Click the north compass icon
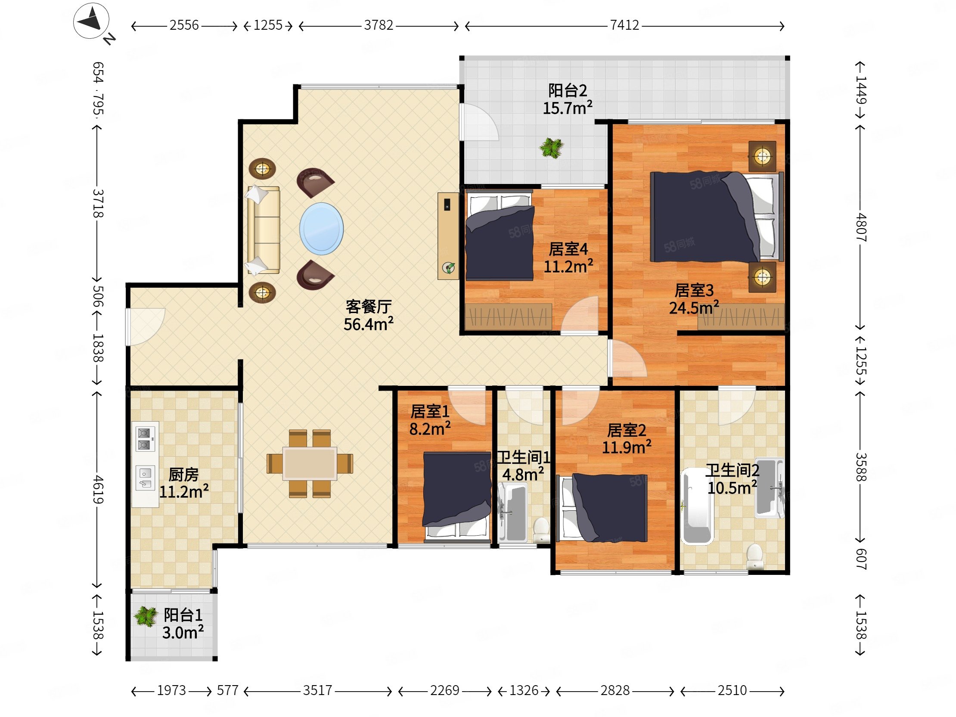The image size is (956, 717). (92, 22)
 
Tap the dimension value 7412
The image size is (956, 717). (624, 25)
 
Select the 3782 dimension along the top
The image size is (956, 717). (379, 25)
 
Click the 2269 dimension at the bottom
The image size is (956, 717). (444, 691)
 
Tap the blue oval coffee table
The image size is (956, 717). (322, 229)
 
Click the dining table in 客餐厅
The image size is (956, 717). (310, 463)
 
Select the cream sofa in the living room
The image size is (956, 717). (263, 230)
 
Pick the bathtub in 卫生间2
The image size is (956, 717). (696, 506)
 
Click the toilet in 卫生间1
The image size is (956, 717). (541, 530)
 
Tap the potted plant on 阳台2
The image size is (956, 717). (552, 148)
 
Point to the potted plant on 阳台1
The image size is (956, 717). (146, 617)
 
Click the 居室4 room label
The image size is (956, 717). (568, 249)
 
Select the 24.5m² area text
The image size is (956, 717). (694, 308)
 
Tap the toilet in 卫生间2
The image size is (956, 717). (754, 556)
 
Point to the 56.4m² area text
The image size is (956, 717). (368, 324)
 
